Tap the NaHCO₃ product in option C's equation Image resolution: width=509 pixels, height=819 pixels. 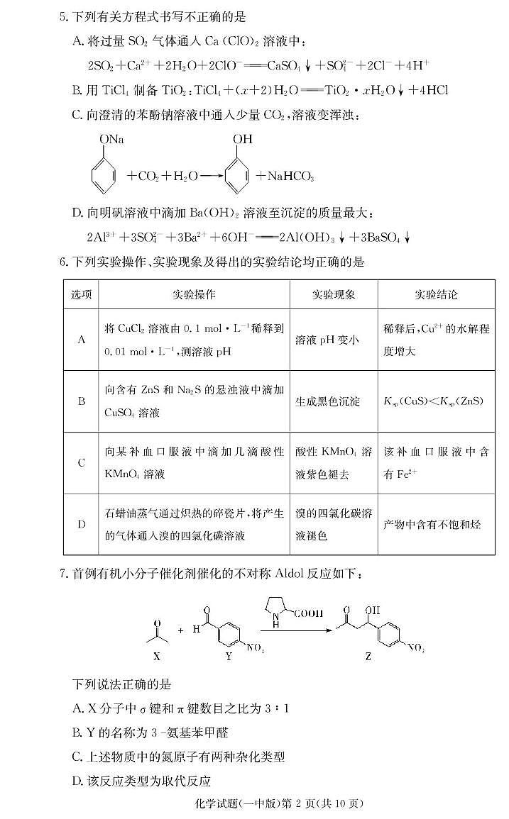291,177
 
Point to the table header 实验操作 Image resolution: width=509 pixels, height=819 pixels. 194,294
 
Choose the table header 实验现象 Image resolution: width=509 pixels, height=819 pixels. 334,294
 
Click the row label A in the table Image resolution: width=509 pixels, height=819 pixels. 82,340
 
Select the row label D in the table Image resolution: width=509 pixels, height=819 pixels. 82,525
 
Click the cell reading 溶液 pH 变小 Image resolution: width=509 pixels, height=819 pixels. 327,340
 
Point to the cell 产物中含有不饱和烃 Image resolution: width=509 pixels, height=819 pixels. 432,525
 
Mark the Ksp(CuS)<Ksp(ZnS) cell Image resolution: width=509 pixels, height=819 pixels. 433,401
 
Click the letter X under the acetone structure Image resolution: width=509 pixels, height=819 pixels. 156,656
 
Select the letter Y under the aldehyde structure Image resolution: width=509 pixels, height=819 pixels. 229,656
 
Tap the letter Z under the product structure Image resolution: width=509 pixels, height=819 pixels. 368,656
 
